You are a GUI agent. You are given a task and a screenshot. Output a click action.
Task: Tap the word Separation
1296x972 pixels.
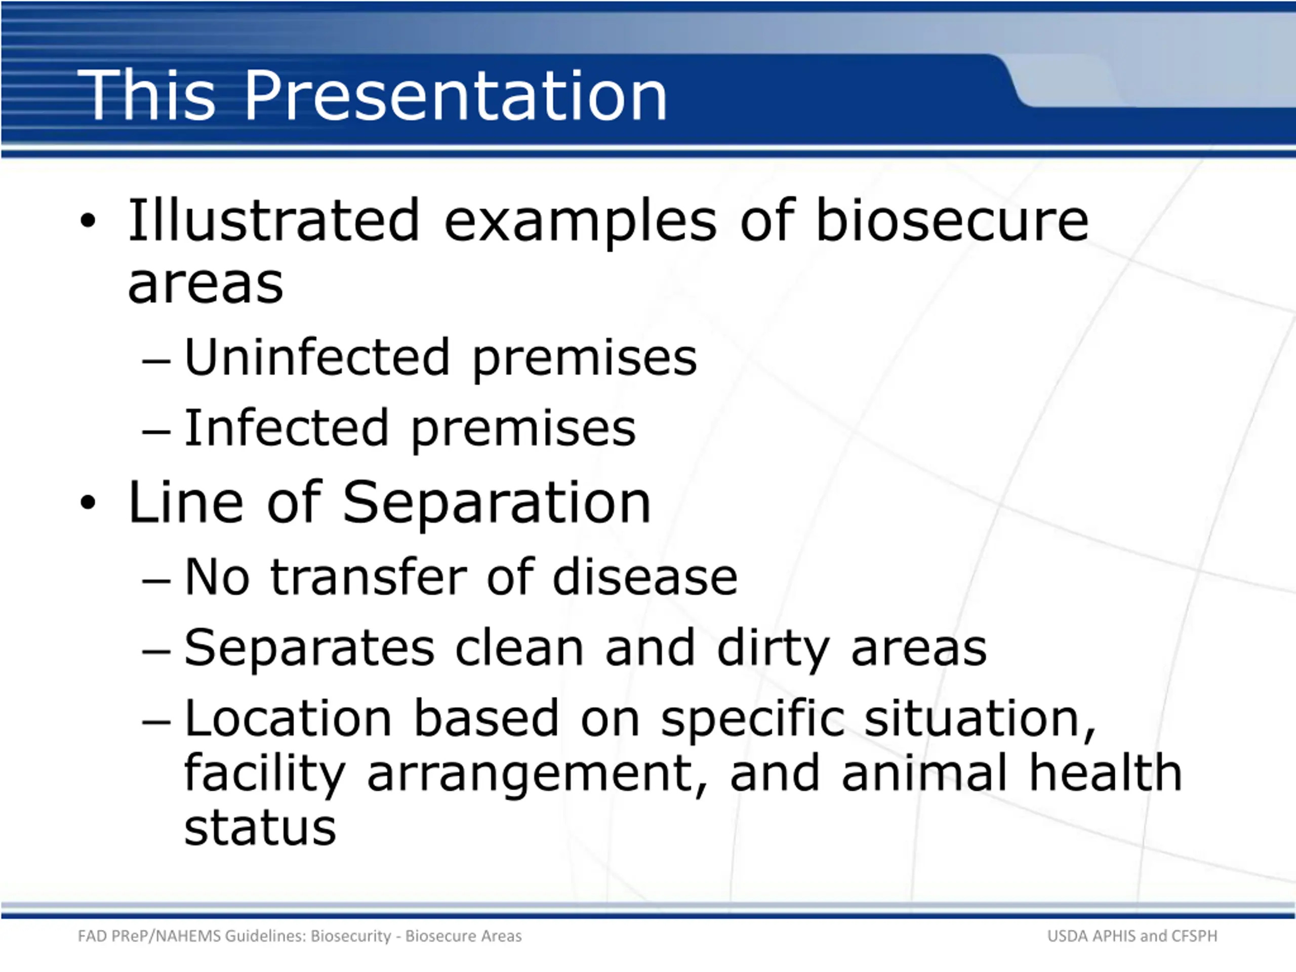(x=497, y=503)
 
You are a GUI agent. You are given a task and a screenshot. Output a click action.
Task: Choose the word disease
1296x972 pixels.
(x=645, y=577)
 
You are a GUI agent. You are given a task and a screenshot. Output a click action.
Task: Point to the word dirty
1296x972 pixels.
(x=774, y=649)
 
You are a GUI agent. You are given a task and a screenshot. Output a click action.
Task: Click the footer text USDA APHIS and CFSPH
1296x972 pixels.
(x=1132, y=936)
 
